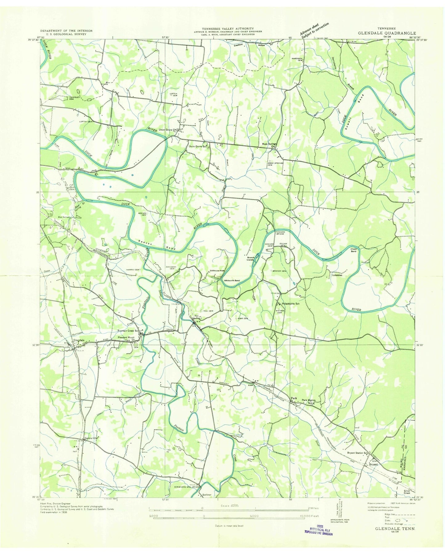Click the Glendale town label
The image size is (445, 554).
point(79,340)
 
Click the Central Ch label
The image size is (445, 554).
point(91,438)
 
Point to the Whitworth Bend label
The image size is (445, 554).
point(232,281)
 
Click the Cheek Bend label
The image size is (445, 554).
point(353,250)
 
